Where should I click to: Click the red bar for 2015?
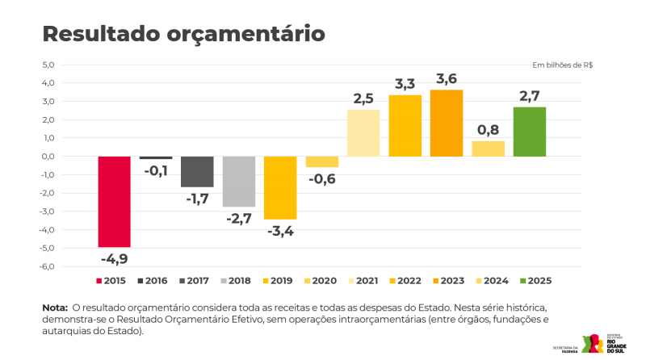[x=114, y=202]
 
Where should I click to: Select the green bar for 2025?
[x=530, y=132]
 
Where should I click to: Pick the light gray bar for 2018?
[x=239, y=182]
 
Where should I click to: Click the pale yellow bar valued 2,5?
[x=363, y=133]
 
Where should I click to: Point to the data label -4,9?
[x=114, y=259]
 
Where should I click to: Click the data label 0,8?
[x=488, y=129]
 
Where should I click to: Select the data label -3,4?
[x=280, y=232]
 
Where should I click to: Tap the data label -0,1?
[x=156, y=170]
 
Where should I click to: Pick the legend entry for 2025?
[x=534, y=281]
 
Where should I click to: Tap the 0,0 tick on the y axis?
[x=47, y=157]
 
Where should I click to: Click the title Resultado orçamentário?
[x=183, y=34]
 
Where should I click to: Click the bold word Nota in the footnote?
[x=54, y=308]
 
